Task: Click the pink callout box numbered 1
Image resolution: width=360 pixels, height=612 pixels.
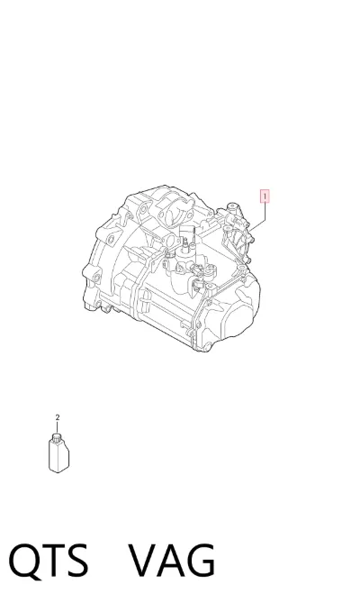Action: [265, 196]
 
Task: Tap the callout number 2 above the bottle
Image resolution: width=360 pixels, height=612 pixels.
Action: [58, 417]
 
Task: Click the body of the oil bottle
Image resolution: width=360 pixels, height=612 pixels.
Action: [58, 455]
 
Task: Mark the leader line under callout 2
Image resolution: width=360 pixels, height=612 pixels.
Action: [58, 427]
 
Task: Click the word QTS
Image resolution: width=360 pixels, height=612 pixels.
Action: [49, 561]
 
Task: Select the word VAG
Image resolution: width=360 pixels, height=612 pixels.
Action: [172, 561]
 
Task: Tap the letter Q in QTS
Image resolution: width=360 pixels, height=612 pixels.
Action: [23, 562]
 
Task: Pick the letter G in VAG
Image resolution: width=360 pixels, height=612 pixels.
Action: [201, 561]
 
